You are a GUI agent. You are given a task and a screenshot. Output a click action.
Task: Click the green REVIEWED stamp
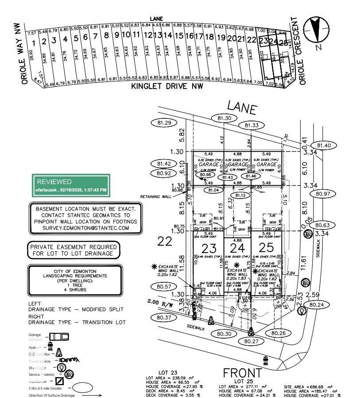71,185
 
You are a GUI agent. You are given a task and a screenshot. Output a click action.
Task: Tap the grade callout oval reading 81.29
164,122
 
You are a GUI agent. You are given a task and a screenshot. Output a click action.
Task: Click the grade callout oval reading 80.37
163,317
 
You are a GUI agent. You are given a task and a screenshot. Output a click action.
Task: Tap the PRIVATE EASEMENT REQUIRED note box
74,250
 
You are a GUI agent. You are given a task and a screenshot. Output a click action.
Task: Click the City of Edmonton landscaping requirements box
74,281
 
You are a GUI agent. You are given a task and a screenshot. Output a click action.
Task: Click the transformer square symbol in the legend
59,381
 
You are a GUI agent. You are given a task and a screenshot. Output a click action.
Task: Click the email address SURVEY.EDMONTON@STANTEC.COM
86,228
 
